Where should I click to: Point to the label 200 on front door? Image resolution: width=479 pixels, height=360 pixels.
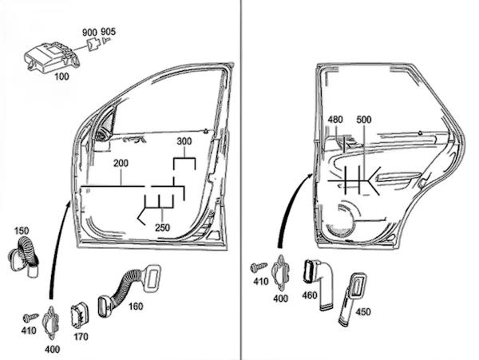121,163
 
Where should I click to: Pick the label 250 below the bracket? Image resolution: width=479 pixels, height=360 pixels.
162,227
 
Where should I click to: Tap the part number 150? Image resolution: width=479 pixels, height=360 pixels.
22,231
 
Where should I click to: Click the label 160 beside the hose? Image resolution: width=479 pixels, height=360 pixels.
136,306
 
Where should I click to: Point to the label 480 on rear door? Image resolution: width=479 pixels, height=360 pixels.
335,120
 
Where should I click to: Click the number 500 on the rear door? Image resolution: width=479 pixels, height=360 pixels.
364,120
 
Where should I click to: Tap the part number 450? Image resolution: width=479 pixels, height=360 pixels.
363,312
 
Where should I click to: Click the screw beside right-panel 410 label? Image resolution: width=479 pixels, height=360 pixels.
259,266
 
